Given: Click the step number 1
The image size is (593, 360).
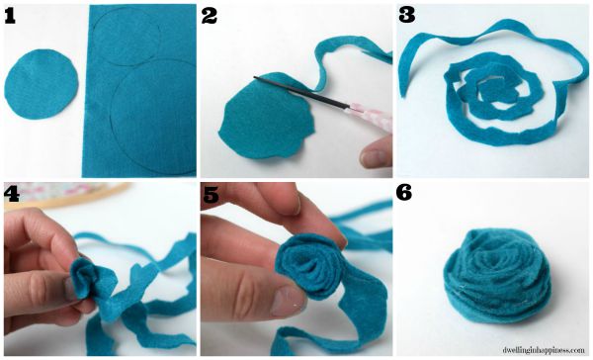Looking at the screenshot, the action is pyautogui.click(x=10, y=16).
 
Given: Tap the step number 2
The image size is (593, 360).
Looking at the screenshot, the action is pyautogui.click(x=210, y=16).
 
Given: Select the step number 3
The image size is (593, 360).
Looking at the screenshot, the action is pyautogui.click(x=406, y=16).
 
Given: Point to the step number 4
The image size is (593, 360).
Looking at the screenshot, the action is pyautogui.click(x=12, y=194).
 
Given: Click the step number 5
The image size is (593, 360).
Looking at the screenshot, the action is pyautogui.click(x=212, y=195).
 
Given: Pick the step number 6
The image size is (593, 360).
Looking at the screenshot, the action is pyautogui.click(x=404, y=193).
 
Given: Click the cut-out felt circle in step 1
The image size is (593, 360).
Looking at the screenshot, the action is pyautogui.click(x=42, y=84).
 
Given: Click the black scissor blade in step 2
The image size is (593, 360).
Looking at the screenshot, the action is pyautogui.click(x=299, y=91).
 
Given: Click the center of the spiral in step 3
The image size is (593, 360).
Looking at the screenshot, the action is pyautogui.click(x=491, y=90).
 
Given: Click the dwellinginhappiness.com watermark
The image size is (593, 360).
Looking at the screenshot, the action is pyautogui.click(x=544, y=350).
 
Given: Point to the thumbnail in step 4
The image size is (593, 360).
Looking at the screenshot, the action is pyautogui.click(x=69, y=289).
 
